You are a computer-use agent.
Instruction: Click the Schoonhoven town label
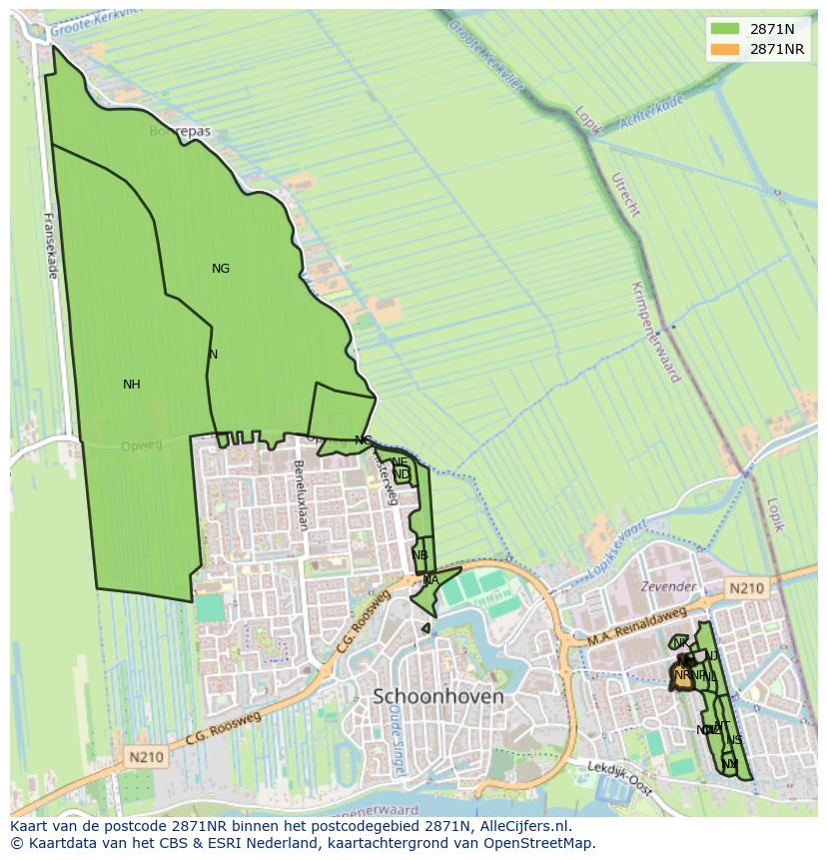pos(437,696)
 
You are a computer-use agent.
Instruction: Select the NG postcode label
pos(221,269)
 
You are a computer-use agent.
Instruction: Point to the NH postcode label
pos(132,385)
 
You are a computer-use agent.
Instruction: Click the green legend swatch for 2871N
pos(725,29)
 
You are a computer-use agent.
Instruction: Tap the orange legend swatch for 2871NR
pos(725,49)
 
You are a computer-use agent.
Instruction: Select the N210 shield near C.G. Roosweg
pos(145,758)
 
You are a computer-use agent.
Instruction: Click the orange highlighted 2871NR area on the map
pos(682,675)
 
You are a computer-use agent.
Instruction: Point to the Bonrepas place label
pos(180,131)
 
